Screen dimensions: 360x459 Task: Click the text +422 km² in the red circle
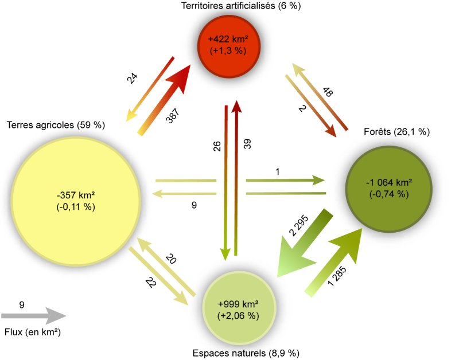[228, 40]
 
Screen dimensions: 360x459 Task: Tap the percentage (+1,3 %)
[228, 50]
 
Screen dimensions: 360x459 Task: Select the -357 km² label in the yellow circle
[76, 194]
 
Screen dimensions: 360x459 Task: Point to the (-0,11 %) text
[76, 206]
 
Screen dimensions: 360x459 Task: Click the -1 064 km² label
[389, 183]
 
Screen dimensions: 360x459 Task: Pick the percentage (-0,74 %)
[389, 194]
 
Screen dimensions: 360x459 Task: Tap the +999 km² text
[238, 304]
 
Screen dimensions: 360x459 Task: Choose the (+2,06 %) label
[238, 315]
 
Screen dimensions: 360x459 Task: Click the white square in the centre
[231, 188]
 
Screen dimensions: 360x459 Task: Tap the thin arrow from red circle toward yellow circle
[149, 89]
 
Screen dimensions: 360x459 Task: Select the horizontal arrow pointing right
[287, 180]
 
